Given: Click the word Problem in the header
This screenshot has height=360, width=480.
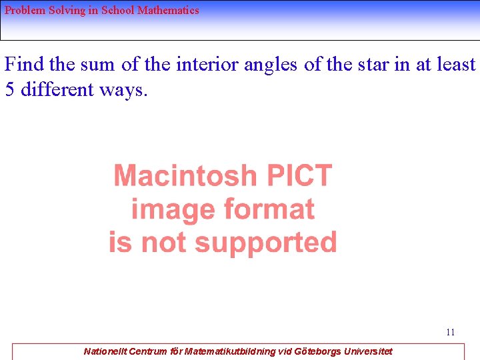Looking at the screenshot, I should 25,11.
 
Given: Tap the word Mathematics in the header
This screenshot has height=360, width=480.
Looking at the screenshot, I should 168,11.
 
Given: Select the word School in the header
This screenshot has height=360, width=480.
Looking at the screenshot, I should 118,11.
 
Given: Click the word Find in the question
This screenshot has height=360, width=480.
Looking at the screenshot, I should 23,65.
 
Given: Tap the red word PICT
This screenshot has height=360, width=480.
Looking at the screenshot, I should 299,175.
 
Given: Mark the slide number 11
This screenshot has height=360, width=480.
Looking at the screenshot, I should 451,332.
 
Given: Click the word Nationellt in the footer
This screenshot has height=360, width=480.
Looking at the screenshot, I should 105,351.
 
